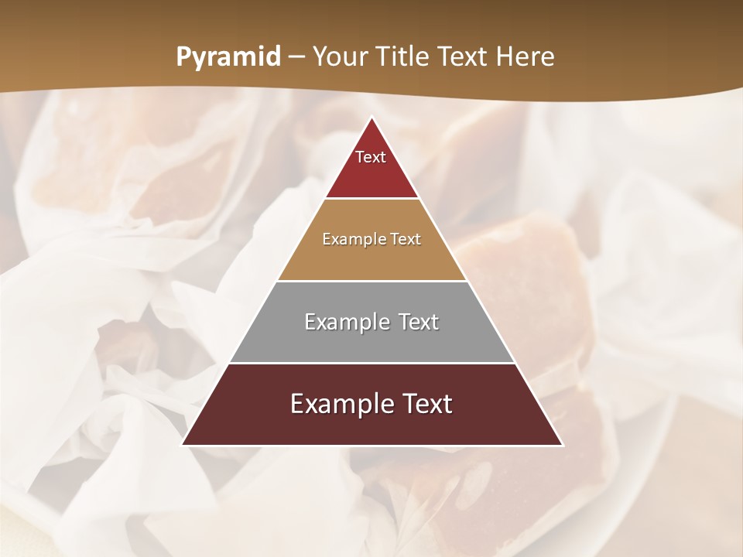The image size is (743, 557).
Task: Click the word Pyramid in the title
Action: click(x=228, y=57)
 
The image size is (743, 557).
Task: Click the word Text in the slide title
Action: click(x=464, y=57)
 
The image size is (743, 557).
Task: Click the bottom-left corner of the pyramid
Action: click(x=183, y=444)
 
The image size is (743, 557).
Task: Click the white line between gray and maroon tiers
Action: click(x=371, y=363)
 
